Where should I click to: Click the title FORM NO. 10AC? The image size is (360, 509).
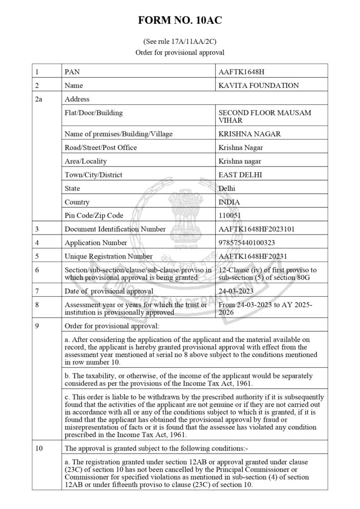[x=180, y=20]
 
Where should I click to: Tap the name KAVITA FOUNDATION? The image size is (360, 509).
[x=259, y=85]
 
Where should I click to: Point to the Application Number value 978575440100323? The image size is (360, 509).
[x=247, y=243]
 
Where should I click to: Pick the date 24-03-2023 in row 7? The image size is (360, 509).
[x=237, y=291]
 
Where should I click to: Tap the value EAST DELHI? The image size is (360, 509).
[x=240, y=175]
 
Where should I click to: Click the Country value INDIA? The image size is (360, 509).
[x=229, y=202]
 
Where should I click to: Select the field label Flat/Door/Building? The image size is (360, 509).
[x=93, y=113]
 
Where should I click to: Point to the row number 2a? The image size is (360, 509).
[x=39, y=99]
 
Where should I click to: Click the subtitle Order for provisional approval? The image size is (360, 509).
[x=180, y=52]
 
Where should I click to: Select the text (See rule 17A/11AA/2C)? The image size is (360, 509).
[x=180, y=42]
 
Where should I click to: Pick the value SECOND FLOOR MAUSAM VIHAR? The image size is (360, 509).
[x=265, y=116]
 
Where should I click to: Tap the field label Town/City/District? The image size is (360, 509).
[x=93, y=175]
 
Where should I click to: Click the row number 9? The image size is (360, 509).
[x=37, y=326]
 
